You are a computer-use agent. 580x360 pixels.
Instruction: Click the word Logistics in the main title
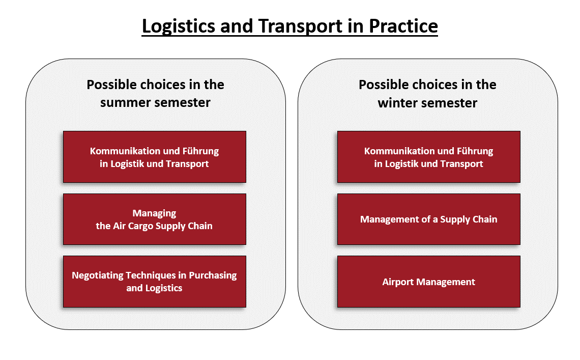pyautogui.click(x=178, y=26)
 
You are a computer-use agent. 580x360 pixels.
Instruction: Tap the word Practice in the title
pyautogui.click(x=403, y=26)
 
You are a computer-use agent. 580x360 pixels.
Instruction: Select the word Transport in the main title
pyautogui.click(x=300, y=26)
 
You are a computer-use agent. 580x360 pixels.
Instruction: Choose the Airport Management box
pyautogui.click(x=429, y=282)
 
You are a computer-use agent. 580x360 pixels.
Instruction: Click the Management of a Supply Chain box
pyautogui.click(x=429, y=219)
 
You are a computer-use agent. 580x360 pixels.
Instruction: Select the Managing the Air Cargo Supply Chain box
pyautogui.click(x=155, y=219)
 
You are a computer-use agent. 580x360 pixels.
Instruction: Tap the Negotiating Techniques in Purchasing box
pyautogui.click(x=155, y=282)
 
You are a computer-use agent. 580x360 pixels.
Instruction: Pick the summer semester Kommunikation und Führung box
pyautogui.click(x=155, y=157)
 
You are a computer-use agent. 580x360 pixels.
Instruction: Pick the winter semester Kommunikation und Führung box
pyautogui.click(x=429, y=157)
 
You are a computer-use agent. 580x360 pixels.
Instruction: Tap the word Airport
pyautogui.click(x=398, y=282)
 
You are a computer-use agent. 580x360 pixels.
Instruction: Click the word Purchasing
pyautogui.click(x=213, y=275)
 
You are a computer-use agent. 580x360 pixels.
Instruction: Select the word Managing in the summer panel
pyautogui.click(x=154, y=214)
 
